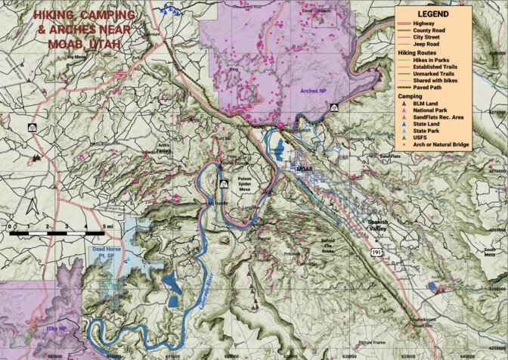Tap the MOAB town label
(305, 169)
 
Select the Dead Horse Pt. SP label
(106, 253)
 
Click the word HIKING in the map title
(57, 15)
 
